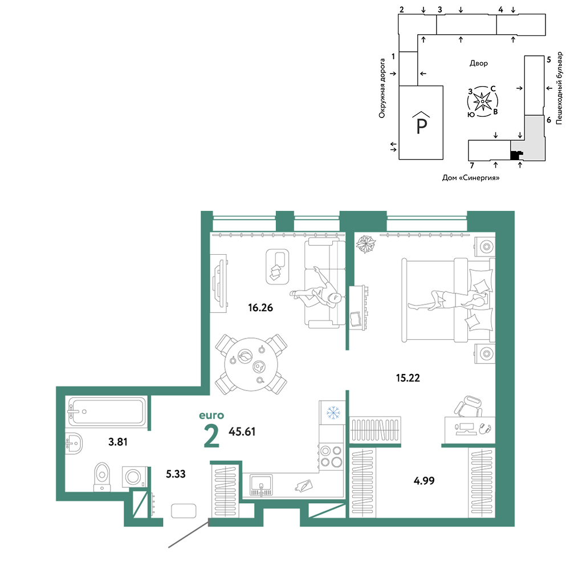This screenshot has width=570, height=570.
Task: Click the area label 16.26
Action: (x=260, y=308)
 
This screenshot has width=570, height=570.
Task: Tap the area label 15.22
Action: (x=408, y=378)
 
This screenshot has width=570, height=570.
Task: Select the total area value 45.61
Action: (x=242, y=432)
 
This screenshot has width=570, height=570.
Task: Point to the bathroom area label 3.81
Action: (x=118, y=442)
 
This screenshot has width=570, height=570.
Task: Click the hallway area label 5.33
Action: (x=176, y=474)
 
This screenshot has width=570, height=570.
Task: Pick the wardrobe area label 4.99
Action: (x=424, y=481)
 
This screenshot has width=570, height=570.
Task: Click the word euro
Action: (x=211, y=416)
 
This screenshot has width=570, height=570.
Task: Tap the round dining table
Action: (x=251, y=365)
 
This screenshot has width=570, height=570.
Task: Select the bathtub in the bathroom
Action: (x=107, y=412)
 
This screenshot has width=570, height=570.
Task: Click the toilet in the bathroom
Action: (x=102, y=477)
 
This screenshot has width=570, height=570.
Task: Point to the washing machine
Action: (x=134, y=477)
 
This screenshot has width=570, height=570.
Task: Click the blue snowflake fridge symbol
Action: (x=333, y=413)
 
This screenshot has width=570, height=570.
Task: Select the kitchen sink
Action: (x=261, y=485)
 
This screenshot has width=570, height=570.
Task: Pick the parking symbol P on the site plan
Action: (x=421, y=123)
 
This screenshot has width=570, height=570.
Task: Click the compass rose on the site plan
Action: (x=482, y=101)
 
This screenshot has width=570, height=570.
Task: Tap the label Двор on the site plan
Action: (x=479, y=64)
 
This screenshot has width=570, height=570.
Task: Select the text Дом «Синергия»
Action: (x=471, y=178)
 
